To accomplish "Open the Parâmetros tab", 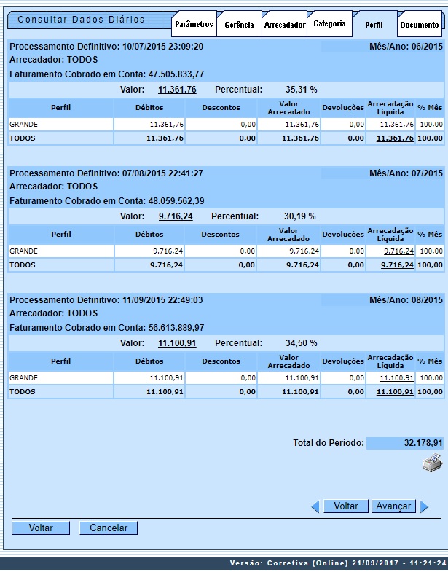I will [x=194, y=25].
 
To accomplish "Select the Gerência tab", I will [x=239, y=25].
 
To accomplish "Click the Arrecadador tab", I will [x=284, y=25].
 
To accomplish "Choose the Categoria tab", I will [x=329, y=24].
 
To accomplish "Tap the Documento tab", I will [x=420, y=25].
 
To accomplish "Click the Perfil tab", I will [x=374, y=25].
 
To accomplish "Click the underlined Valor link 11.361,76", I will [x=177, y=90].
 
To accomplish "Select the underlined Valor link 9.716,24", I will [x=176, y=216].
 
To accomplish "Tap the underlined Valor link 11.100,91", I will [x=177, y=343].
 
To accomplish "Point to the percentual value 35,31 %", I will [x=302, y=90].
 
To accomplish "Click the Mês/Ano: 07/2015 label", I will [x=406, y=173].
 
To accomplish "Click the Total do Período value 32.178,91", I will [x=423, y=442].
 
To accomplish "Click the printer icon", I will [x=432, y=463].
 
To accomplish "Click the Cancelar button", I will [x=109, y=528].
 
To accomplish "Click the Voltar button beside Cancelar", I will [x=41, y=528].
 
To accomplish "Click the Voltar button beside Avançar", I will [x=346, y=506].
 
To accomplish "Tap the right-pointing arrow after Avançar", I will [x=425, y=506].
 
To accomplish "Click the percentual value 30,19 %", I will [x=299, y=216].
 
